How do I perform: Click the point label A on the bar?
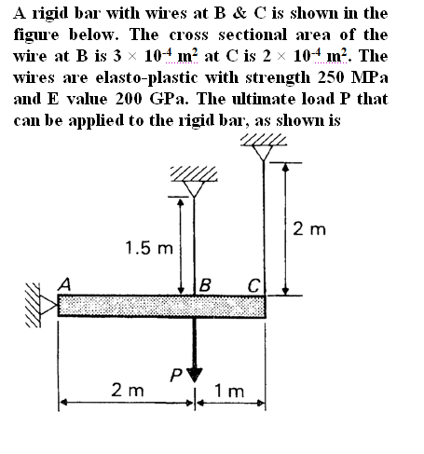(64, 284)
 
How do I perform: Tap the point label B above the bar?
(205, 285)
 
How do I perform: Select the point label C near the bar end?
(253, 285)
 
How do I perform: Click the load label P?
(176, 375)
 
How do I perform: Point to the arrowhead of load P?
(195, 375)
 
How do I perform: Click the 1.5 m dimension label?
(149, 248)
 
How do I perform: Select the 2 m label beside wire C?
(309, 229)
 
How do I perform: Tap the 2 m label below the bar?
(128, 390)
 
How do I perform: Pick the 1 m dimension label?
(229, 391)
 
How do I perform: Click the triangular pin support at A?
(48, 304)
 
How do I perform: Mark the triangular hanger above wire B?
(194, 189)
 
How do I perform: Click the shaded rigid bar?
(162, 306)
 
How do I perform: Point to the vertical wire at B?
(194, 246)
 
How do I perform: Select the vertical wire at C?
(264, 227)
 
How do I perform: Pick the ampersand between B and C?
(239, 13)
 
